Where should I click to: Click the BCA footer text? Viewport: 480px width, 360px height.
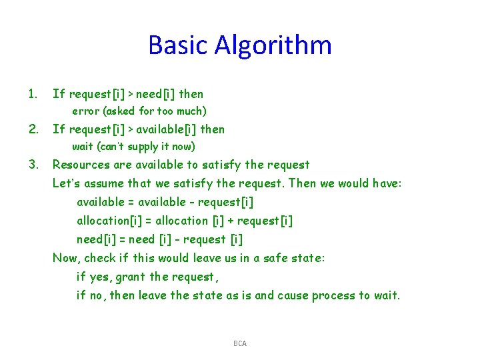click(x=240, y=343)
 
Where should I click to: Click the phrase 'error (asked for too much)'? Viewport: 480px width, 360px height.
click(x=139, y=111)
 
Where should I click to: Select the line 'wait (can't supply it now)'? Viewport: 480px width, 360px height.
click(x=133, y=147)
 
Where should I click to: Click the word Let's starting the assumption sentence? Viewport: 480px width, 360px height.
click(x=67, y=183)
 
